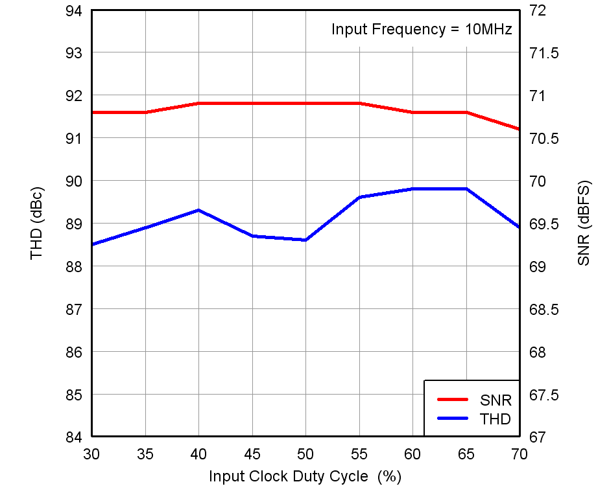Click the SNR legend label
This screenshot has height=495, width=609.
(496, 400)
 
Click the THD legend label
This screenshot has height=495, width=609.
(496, 419)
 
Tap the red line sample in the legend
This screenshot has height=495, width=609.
(452, 400)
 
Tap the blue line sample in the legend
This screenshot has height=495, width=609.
(452, 419)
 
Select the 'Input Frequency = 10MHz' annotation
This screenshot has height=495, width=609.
(422, 29)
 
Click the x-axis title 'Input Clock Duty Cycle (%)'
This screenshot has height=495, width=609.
(305, 476)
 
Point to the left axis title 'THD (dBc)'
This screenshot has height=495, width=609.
(37, 224)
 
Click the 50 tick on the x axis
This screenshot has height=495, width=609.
(305, 452)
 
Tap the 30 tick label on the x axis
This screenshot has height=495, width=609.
(92, 452)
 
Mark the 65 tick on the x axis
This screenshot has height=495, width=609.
(466, 452)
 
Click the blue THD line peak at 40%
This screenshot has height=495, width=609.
(198, 210)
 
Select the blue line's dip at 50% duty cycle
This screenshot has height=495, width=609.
(305, 240)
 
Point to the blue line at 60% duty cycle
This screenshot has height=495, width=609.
(412, 189)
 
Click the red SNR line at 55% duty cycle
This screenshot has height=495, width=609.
(359, 103)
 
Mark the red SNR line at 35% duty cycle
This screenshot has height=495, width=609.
(145, 112)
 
